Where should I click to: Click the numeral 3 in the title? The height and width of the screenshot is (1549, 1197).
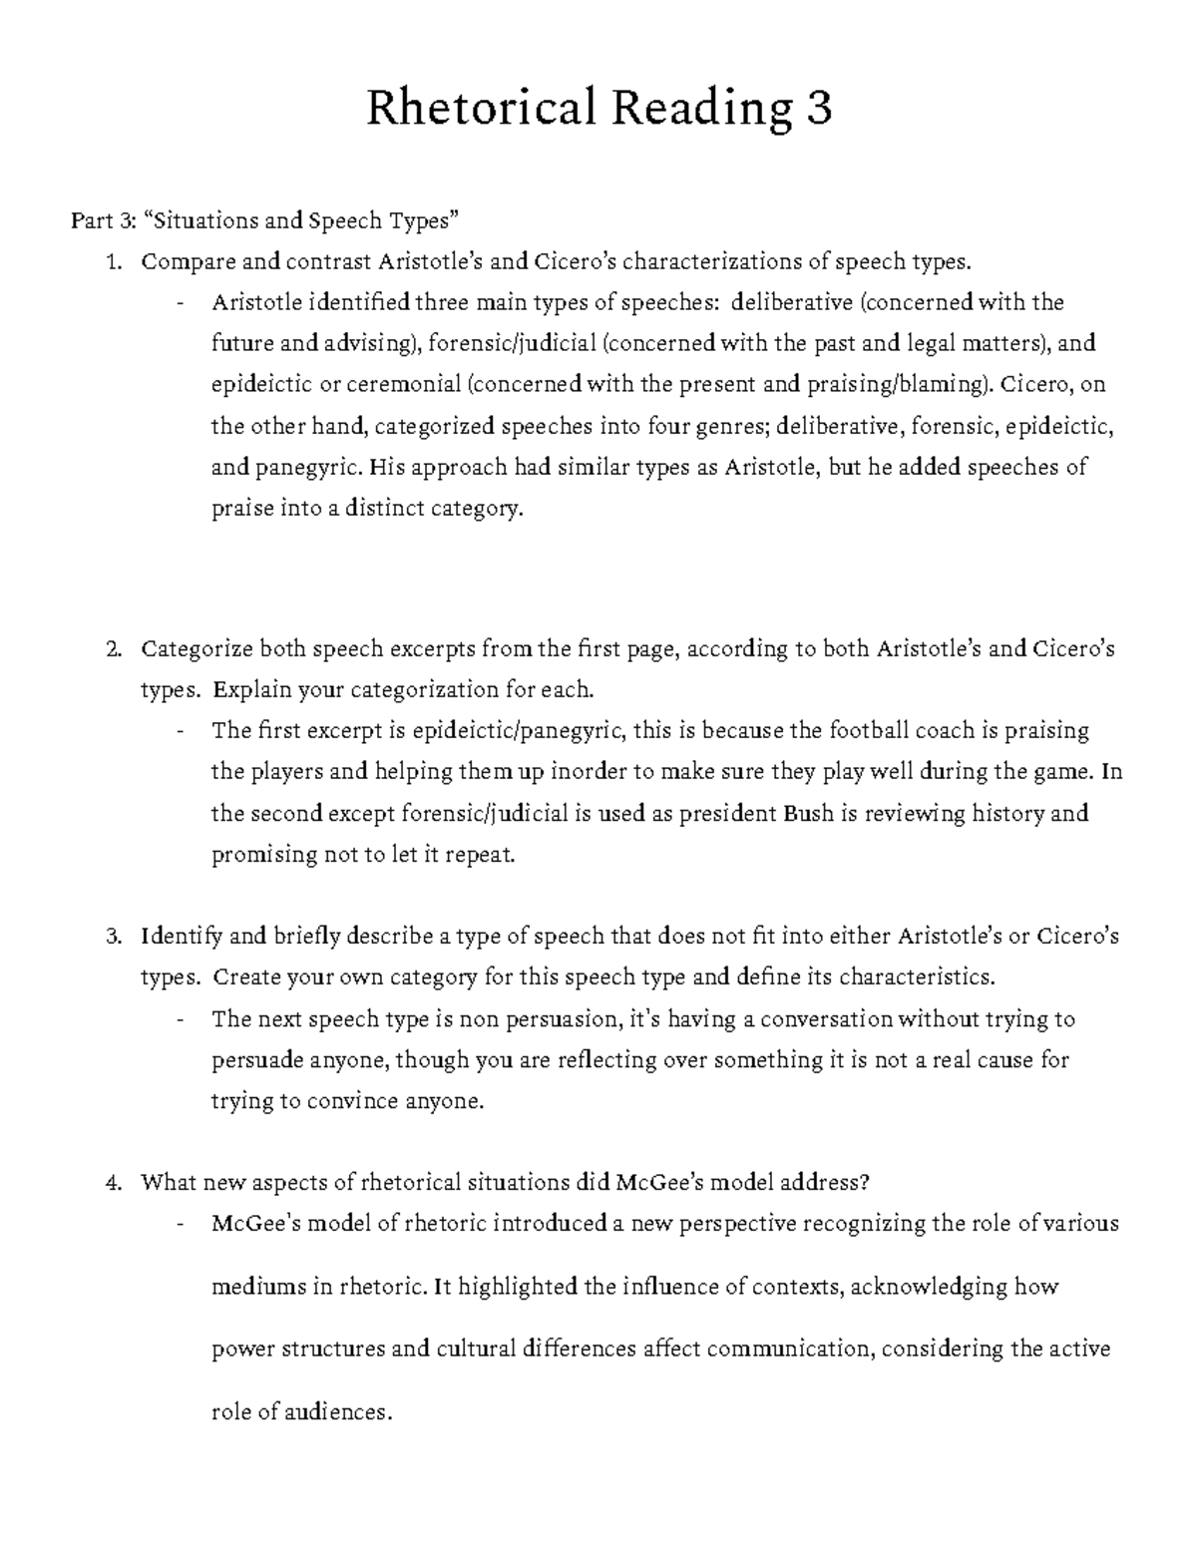click(x=818, y=109)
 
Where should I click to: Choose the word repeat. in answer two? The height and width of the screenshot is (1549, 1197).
click(x=481, y=856)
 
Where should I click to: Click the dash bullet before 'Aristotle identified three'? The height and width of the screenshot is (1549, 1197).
click(x=181, y=304)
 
